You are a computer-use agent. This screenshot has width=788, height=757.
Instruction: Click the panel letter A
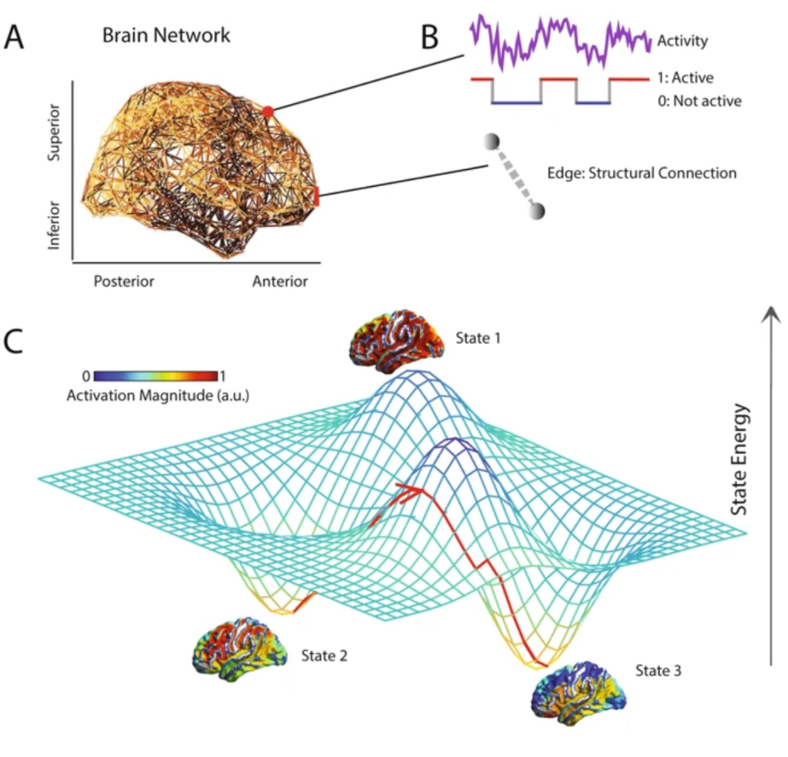(17, 38)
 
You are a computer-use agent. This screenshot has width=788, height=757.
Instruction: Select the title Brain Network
(166, 36)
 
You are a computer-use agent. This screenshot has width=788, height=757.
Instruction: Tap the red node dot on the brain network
(268, 112)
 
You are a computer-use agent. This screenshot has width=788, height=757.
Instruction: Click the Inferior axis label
(54, 222)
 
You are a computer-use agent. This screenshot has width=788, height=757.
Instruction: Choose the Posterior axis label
(124, 281)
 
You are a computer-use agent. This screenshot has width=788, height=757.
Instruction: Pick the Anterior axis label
(280, 281)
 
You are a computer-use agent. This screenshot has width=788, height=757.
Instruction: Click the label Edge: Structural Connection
(659, 173)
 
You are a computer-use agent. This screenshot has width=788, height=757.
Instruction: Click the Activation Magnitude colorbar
(159, 376)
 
